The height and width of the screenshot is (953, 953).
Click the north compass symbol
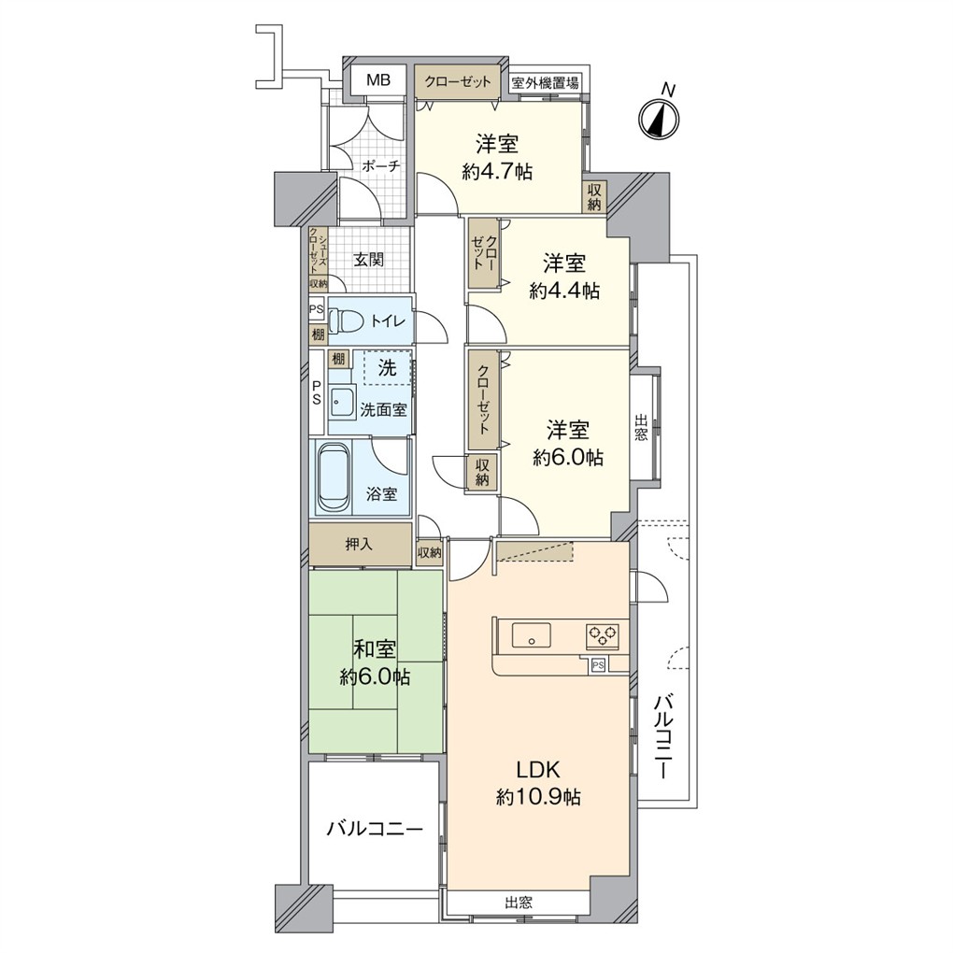click(x=659, y=117)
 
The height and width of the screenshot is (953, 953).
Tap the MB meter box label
click(x=378, y=79)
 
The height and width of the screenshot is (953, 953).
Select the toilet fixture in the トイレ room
click(x=345, y=320)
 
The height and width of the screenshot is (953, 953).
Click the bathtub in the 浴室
click(x=333, y=478)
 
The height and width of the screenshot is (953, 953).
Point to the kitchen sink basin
click(x=532, y=636)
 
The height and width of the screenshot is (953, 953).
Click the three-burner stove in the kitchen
click(x=603, y=635)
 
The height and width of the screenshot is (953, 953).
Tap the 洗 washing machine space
click(x=388, y=367)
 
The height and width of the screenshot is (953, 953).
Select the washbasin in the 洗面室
click(x=343, y=402)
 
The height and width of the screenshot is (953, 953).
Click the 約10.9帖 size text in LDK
click(x=538, y=796)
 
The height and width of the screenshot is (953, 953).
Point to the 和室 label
click(x=375, y=649)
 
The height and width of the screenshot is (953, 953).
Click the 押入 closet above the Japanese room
click(x=360, y=544)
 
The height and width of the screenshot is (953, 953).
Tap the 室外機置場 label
click(x=546, y=82)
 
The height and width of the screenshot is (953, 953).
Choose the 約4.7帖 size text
click(x=497, y=172)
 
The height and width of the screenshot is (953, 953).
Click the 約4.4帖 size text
click(x=564, y=292)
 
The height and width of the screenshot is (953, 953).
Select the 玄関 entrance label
click(x=369, y=260)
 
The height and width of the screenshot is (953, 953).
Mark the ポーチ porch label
click(x=381, y=166)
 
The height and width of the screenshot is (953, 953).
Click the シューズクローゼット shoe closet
click(x=318, y=251)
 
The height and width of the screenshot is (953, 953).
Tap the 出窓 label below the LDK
click(x=519, y=903)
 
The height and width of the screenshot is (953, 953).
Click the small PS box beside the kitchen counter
click(x=598, y=665)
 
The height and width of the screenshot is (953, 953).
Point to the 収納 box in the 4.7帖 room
click(x=594, y=197)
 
